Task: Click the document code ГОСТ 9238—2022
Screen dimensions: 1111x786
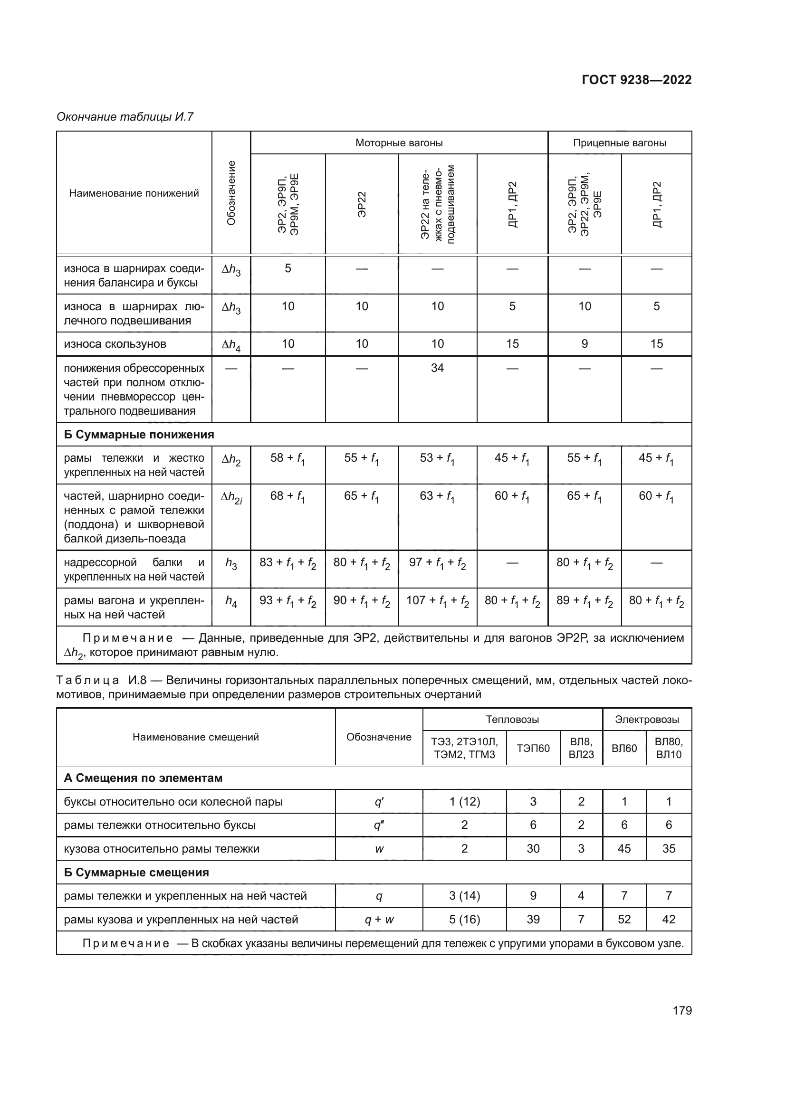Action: click(x=636, y=80)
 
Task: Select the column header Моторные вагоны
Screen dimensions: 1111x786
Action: click(x=399, y=143)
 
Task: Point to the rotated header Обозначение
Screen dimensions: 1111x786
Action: click(x=231, y=192)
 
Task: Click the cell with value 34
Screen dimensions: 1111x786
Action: click(x=437, y=368)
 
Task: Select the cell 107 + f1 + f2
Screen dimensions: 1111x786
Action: click(x=437, y=601)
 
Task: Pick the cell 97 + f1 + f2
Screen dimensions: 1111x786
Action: click(x=437, y=563)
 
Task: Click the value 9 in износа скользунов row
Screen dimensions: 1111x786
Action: click(x=584, y=344)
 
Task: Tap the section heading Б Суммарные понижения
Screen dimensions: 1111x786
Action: click(x=139, y=435)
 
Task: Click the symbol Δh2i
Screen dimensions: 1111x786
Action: click(x=231, y=497)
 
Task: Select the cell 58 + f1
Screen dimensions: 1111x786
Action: click(x=288, y=458)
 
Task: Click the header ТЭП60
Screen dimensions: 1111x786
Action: click(x=533, y=749)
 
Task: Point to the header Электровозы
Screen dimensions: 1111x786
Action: click(x=647, y=720)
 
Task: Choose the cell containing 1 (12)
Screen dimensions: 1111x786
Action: click(x=464, y=802)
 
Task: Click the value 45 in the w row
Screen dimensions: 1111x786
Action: click(x=624, y=849)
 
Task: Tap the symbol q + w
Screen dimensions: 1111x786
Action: click(x=379, y=920)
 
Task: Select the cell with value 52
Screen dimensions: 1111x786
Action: click(x=624, y=920)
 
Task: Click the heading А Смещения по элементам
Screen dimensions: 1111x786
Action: click(x=143, y=778)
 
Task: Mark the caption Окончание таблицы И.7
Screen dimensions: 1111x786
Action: click(x=125, y=117)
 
